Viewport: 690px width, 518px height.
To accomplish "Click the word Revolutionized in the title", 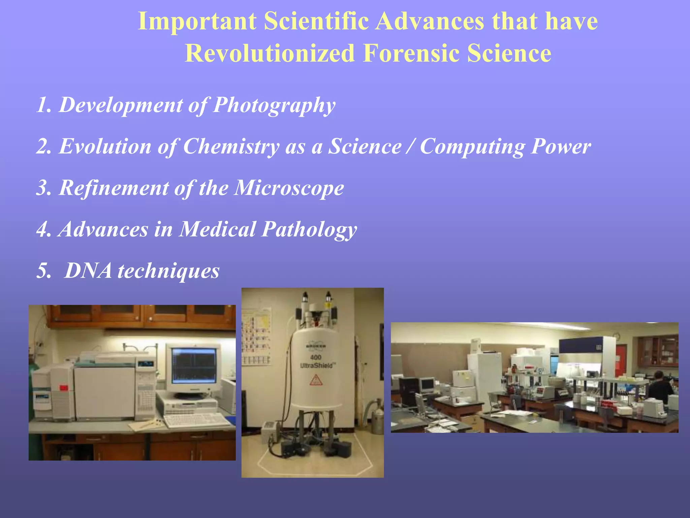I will pos(270,53).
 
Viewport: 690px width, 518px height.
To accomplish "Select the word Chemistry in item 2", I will pos(231,147).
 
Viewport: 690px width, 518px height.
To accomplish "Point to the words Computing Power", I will pos(505,147).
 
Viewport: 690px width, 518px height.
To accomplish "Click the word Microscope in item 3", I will pos(289,188).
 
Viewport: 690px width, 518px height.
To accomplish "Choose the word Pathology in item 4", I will pos(309,230).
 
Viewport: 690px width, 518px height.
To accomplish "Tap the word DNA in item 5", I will pos(88,270).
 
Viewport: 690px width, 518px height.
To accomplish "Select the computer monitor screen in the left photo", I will pos(194,366).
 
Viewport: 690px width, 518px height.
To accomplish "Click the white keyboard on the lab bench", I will pos(197,420).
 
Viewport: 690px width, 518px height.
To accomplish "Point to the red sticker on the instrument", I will pos(63,388).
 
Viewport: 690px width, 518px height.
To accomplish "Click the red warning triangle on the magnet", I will pos(316,380).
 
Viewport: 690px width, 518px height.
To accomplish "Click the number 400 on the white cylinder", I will pos(315,357).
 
